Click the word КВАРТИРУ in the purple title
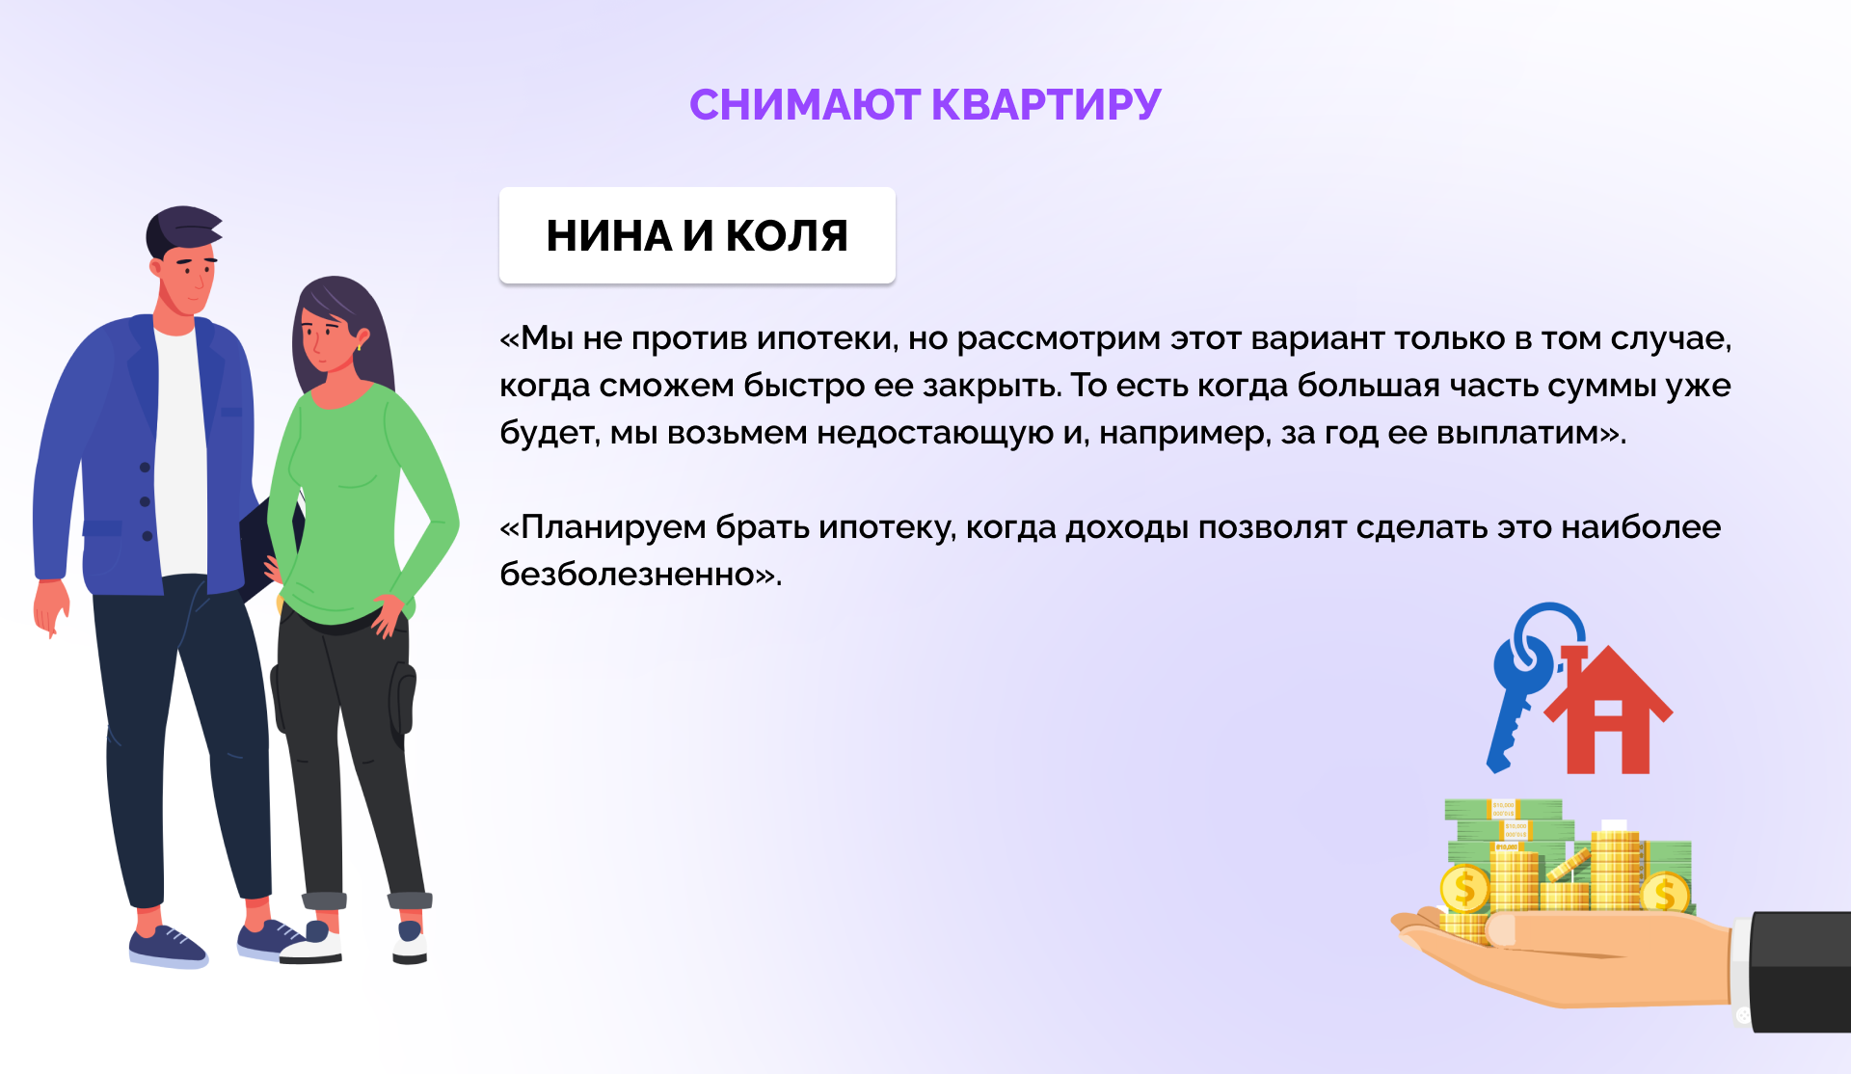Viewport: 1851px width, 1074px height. click(1046, 104)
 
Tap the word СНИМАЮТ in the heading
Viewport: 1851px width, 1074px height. click(805, 104)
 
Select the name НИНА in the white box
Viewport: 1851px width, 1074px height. click(608, 235)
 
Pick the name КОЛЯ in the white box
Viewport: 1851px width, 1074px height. click(787, 235)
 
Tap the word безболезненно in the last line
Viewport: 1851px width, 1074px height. click(627, 575)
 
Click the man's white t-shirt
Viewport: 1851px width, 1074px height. click(180, 453)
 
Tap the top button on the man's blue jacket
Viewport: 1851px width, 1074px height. click(145, 468)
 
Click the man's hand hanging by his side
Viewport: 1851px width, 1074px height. click(50, 607)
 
